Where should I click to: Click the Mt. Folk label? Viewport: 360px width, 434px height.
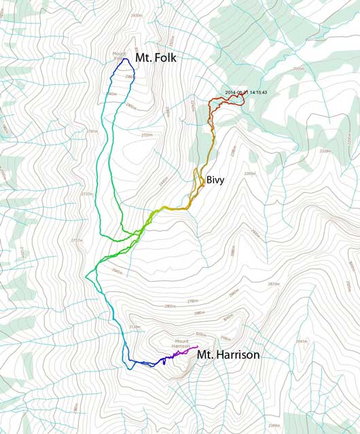[x=156, y=58]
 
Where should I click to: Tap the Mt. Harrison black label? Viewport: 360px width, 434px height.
[x=228, y=355]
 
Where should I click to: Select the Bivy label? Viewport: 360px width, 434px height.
[x=215, y=181]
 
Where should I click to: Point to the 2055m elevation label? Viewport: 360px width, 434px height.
[x=298, y=69]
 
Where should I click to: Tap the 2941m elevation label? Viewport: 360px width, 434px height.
[x=309, y=341]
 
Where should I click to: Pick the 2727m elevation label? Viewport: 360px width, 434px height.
[x=86, y=194]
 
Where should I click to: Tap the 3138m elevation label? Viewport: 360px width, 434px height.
[x=134, y=327]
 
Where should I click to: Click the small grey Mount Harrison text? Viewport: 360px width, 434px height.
[x=182, y=344]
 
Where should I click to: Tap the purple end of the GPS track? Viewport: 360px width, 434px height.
[x=196, y=347]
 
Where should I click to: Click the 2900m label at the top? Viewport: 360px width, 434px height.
[x=137, y=15]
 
